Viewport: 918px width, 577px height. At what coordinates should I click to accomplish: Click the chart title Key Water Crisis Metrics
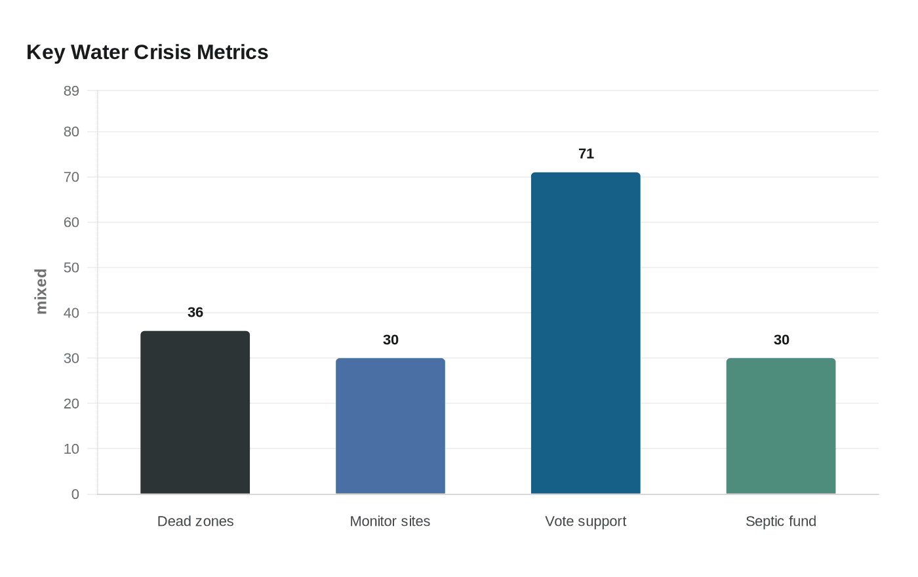coord(148,52)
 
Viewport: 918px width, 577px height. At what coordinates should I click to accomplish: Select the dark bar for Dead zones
coord(195,412)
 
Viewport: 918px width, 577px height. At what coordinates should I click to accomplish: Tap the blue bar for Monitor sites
coord(390,426)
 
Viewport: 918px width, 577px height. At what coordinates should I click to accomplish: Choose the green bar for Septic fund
coord(780,426)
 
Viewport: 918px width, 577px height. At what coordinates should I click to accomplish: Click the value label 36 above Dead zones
coord(195,313)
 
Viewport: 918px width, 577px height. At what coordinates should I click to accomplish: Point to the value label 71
coord(586,154)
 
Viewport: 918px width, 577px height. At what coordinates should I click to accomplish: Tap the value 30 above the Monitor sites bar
coord(391,340)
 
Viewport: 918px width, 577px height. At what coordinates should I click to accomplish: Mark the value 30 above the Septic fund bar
coord(781,340)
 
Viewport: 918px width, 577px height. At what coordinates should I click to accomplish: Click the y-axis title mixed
coord(41,292)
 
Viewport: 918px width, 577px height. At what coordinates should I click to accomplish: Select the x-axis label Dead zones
coord(195,521)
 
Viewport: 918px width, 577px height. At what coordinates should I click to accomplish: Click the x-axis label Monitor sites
coord(390,521)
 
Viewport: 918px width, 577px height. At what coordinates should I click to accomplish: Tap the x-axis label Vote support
coord(586,521)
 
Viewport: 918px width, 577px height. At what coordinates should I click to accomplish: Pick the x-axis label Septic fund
coord(780,521)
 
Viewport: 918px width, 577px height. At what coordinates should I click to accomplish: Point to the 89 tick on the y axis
coord(71,91)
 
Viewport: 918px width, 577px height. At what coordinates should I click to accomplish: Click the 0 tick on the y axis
coord(75,494)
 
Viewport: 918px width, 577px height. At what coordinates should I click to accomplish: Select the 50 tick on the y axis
coord(71,268)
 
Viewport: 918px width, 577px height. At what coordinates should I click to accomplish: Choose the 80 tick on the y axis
coord(71,132)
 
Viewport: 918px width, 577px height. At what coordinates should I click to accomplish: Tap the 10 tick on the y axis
coord(71,449)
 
